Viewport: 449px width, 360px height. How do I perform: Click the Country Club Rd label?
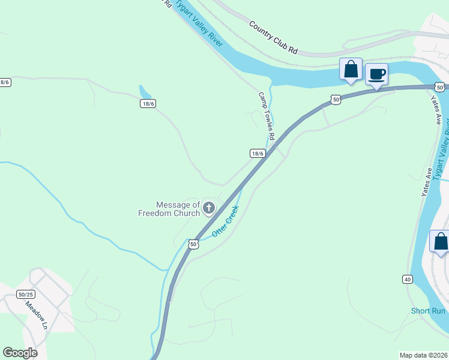point(273,38)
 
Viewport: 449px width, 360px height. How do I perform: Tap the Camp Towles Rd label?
point(267,116)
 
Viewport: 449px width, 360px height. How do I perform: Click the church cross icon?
point(209,208)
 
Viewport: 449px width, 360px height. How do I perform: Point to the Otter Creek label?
point(226,220)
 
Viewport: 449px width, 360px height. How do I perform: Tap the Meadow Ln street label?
point(35,314)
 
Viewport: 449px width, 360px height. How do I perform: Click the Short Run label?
point(428,311)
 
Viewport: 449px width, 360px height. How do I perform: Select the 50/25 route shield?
point(26,294)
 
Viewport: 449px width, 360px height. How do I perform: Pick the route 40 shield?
point(408,279)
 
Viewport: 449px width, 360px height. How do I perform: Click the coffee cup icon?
point(376,74)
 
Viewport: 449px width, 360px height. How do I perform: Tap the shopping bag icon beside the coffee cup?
point(351,69)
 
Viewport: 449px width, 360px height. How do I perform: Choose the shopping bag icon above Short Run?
point(441,242)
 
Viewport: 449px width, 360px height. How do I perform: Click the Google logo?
point(20,353)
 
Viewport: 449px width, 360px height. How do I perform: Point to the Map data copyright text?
point(424,355)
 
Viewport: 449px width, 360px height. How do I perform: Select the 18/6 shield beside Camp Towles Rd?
point(258,153)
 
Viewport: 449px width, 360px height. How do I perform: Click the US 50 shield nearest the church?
point(193,244)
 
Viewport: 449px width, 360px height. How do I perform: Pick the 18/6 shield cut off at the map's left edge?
point(5,82)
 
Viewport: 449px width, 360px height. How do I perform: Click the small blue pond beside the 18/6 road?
point(145,92)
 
